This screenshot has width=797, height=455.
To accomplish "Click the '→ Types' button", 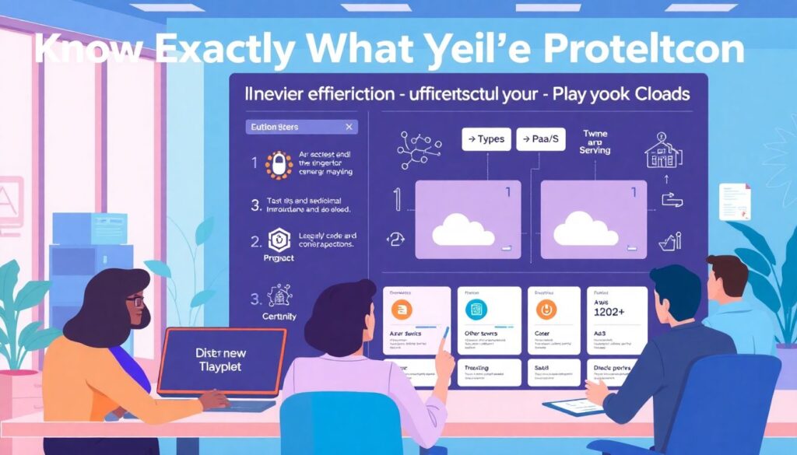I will [x=485, y=140].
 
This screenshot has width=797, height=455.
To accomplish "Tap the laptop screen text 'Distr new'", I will [x=221, y=352].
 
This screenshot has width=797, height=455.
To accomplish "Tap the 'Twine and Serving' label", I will [x=595, y=142].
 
